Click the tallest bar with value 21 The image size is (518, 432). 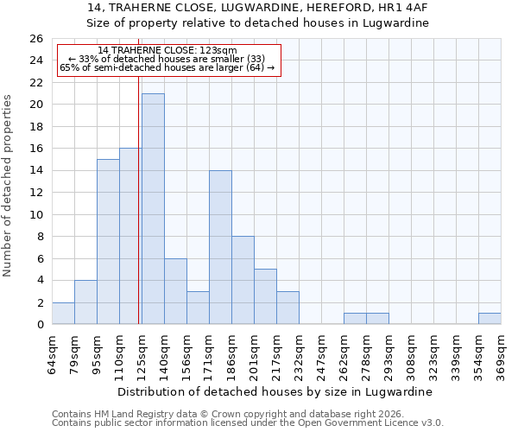pyautogui.click(x=153, y=209)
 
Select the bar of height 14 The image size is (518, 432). pyautogui.click(x=220, y=247)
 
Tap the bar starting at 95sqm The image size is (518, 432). pyautogui.click(x=108, y=242)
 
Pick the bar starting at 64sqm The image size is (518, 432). pyautogui.click(x=63, y=314)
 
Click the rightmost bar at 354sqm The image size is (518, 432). pyautogui.click(x=490, y=319)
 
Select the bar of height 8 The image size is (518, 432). pyautogui.click(x=243, y=280)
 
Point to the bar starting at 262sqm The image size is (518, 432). pyautogui.click(x=355, y=319)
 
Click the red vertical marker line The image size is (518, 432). pyautogui.click(x=139, y=199)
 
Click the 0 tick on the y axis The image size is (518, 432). pyautogui.click(x=40, y=325)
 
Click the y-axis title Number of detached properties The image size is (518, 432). pyautogui.click(x=8, y=186)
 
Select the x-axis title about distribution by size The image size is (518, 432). pyautogui.click(x=276, y=391)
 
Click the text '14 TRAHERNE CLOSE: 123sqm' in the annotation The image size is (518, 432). pyautogui.click(x=167, y=51)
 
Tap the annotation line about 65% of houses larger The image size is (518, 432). pyautogui.click(x=167, y=67)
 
